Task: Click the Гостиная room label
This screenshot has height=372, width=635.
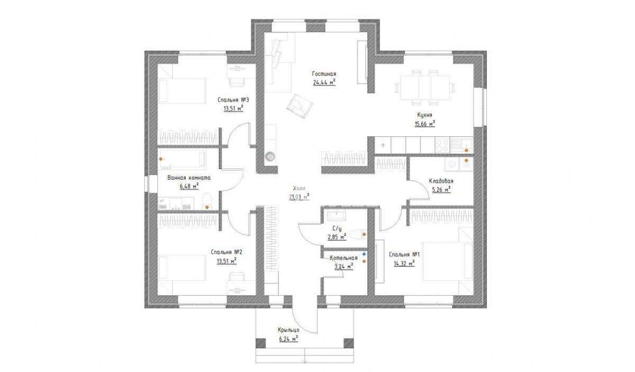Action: click(x=324, y=74)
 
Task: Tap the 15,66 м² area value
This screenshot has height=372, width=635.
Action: click(x=424, y=124)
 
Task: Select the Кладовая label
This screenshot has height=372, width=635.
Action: click(x=441, y=181)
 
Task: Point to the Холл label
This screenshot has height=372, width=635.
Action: click(x=299, y=188)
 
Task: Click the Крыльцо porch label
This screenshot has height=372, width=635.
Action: click(x=288, y=330)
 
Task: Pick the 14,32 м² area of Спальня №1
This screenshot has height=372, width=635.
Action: click(x=404, y=263)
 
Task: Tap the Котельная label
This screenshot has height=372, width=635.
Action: click(x=343, y=258)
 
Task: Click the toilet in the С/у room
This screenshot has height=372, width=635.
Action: click(x=358, y=235)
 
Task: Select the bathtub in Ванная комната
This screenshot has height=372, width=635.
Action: click(x=182, y=159)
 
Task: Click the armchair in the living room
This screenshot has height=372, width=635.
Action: click(x=300, y=106)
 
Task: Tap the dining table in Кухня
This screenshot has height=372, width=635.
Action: click(x=424, y=87)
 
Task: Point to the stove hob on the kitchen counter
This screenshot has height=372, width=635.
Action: click(x=442, y=145)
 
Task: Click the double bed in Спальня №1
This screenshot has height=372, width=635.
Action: click(x=447, y=261)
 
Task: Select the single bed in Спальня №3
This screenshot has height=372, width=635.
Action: click(x=182, y=91)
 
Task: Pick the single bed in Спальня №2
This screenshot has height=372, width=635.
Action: click(x=182, y=268)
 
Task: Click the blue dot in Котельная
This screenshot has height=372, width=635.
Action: click(x=364, y=254)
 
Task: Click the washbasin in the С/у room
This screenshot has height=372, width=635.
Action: click(x=337, y=216)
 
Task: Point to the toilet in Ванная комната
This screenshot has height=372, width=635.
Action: click(x=207, y=201)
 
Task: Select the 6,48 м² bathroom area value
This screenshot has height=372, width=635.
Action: click(x=189, y=187)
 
